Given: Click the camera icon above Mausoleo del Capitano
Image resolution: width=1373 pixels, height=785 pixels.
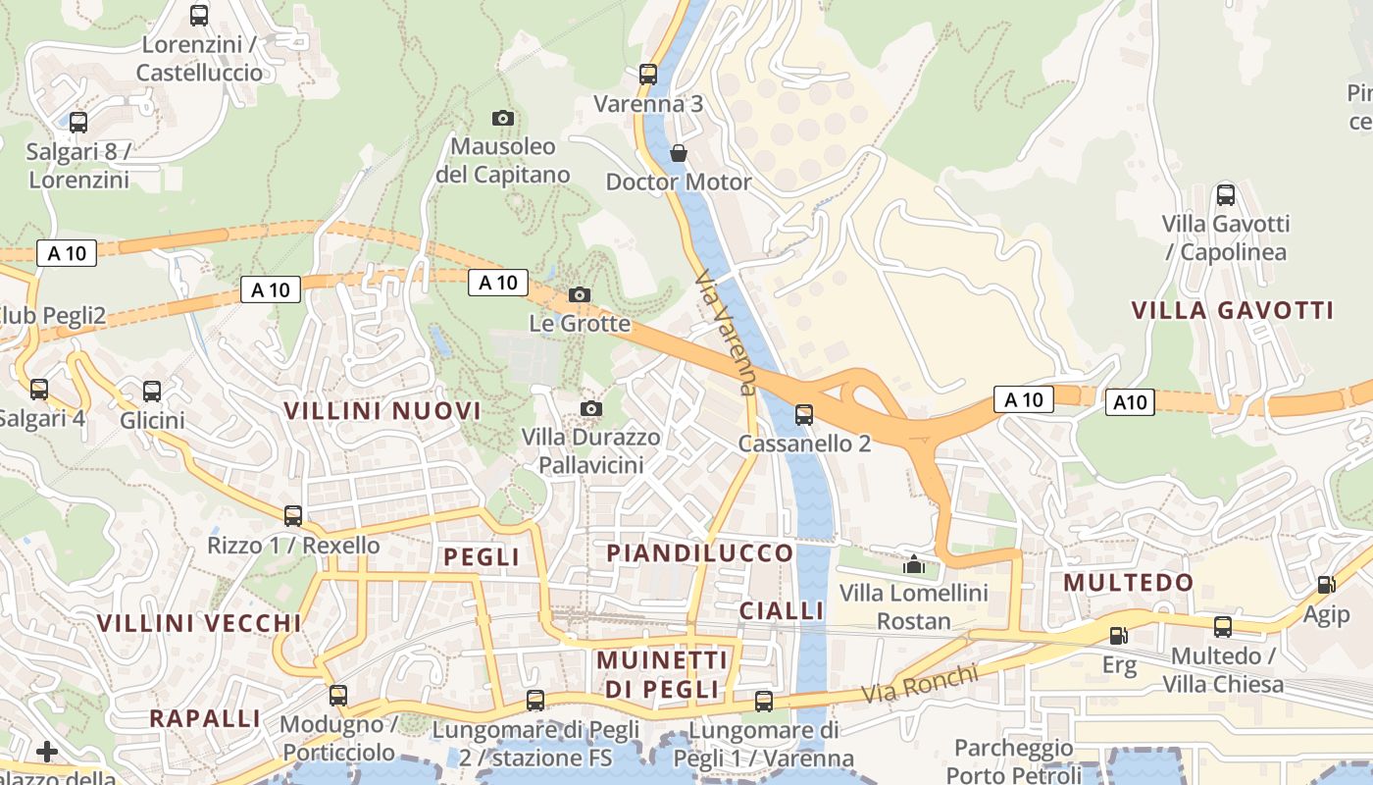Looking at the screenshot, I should [x=502, y=118].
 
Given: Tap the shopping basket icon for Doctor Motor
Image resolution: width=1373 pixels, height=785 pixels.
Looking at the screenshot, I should [x=678, y=153].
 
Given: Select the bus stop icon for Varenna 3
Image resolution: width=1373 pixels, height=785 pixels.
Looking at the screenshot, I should [x=647, y=74].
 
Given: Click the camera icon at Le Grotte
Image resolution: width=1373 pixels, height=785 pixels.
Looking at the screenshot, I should [x=580, y=294].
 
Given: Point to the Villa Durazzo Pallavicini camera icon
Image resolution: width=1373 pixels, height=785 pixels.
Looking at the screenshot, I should [x=590, y=408].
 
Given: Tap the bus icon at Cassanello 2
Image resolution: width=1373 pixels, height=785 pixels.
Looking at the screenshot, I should [x=804, y=414].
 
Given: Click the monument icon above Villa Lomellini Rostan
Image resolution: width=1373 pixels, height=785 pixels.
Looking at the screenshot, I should [x=914, y=564].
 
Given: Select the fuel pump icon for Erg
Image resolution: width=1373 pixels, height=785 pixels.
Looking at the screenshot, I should [x=1118, y=636].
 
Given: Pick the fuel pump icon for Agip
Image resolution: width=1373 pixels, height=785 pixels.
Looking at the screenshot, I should [x=1326, y=585].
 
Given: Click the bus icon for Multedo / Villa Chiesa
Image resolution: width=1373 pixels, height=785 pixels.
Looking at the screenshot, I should [x=1223, y=626].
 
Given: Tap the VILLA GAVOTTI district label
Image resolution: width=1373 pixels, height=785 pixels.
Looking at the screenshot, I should [x=1233, y=311].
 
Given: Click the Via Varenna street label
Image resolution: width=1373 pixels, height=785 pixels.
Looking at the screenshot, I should [x=727, y=334].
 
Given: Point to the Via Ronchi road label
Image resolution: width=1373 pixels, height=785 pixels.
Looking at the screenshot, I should [x=920, y=684].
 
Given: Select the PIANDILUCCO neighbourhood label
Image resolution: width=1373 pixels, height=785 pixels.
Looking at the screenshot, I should [x=699, y=553].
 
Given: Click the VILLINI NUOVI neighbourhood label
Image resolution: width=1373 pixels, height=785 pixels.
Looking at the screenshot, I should [x=382, y=411].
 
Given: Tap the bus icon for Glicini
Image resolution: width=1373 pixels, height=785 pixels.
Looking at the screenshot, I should [x=152, y=391].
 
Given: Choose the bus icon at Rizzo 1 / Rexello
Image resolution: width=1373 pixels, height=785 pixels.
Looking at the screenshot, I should [x=293, y=515].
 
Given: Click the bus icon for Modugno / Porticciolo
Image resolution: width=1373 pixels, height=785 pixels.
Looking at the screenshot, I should [x=338, y=695].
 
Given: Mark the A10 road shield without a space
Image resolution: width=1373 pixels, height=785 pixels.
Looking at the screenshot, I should [x=1130, y=402].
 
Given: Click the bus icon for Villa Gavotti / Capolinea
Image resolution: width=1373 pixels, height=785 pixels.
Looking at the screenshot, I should [x=1226, y=194].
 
